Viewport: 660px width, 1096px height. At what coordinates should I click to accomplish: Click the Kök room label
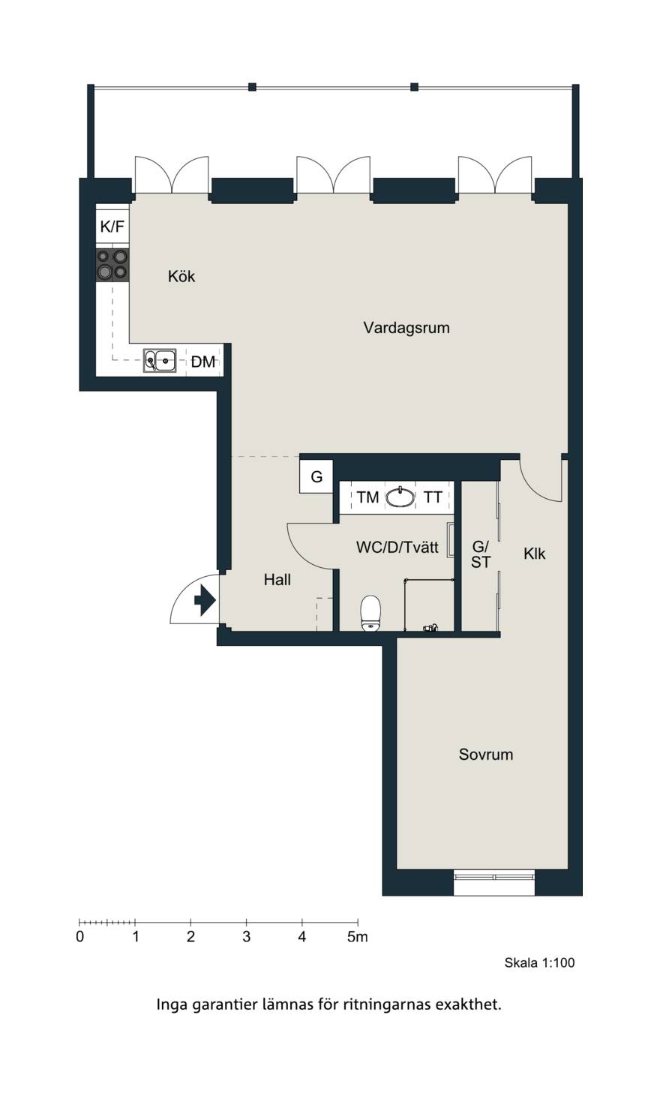coord(181,277)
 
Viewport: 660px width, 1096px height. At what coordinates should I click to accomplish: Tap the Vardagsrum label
coord(406,328)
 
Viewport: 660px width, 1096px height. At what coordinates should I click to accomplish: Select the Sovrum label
coord(486,755)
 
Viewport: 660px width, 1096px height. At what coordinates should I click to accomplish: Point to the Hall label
coord(277,580)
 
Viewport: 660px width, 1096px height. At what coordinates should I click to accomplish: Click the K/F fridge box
coord(112,227)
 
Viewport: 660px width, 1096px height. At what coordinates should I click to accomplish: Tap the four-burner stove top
coord(112,265)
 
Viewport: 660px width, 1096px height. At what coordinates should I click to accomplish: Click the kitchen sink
coord(160,361)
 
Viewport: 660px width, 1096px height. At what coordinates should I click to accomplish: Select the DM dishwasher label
coord(203,362)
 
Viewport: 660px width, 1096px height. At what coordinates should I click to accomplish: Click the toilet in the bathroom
coord(370,613)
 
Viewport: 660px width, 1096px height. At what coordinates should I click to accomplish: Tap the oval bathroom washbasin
coord(400,497)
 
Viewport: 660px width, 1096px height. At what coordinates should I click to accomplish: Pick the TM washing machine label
coord(368,497)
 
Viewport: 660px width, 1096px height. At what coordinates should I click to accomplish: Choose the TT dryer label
coord(433,497)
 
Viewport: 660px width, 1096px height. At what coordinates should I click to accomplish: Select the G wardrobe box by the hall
coord(316,476)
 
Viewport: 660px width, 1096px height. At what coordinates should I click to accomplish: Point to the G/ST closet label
coord(481,554)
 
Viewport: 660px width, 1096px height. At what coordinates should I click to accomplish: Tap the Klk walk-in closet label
coord(534,554)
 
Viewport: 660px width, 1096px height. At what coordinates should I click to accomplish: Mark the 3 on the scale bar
coord(247,937)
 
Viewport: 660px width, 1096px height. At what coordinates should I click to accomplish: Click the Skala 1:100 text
coord(540,963)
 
